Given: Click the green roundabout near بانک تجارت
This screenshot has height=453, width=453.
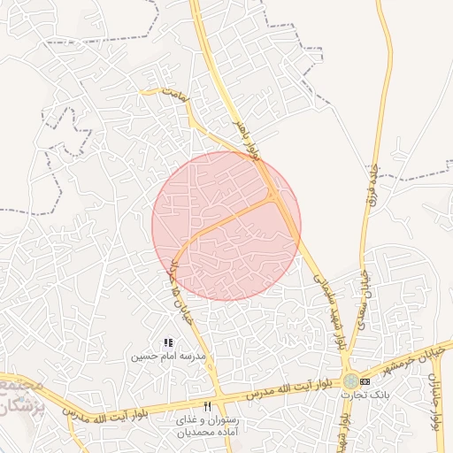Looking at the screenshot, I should (351, 380).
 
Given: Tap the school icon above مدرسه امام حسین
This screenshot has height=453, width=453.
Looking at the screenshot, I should (168, 342).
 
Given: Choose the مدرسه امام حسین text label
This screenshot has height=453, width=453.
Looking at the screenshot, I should (168, 357).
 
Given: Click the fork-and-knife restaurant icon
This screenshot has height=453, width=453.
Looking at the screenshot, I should (208, 405).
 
